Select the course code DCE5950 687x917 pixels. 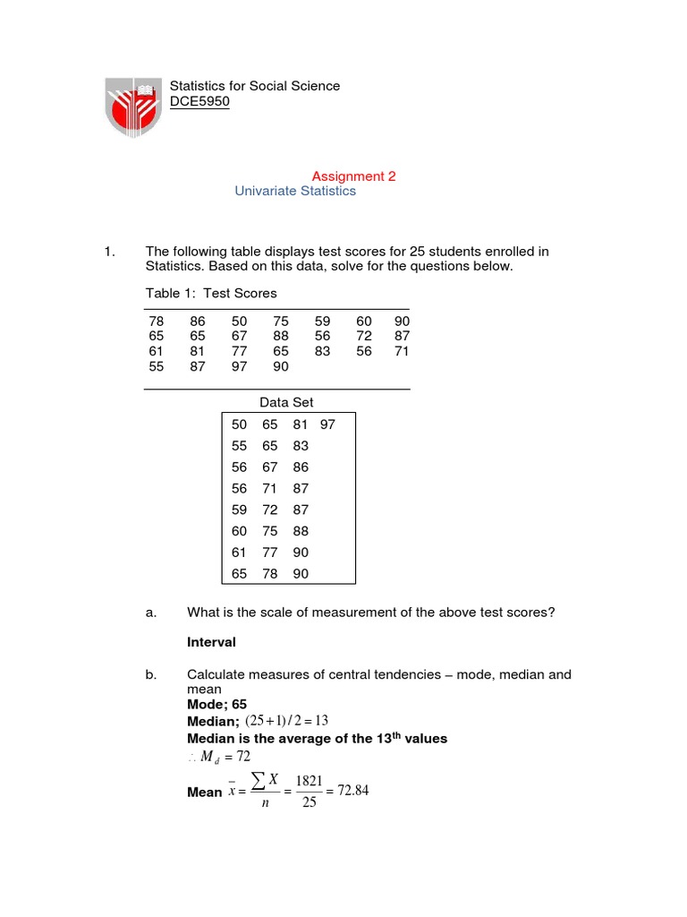pos(199,102)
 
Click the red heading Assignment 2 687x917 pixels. pos(353,176)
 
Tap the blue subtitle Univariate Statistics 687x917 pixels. pos(295,191)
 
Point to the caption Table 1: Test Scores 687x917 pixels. pos(211,293)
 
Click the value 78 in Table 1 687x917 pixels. pos(156,320)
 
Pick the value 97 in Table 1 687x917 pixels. pos(239,367)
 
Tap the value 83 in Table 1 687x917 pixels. pos(322,352)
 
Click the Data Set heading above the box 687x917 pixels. pos(286,403)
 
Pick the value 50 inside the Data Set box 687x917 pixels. pos(239,424)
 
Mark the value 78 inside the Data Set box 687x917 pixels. pos(270,574)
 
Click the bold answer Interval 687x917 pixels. pos(211,642)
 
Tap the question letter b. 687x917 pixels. pos(150,674)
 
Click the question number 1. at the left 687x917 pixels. pos(111,252)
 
